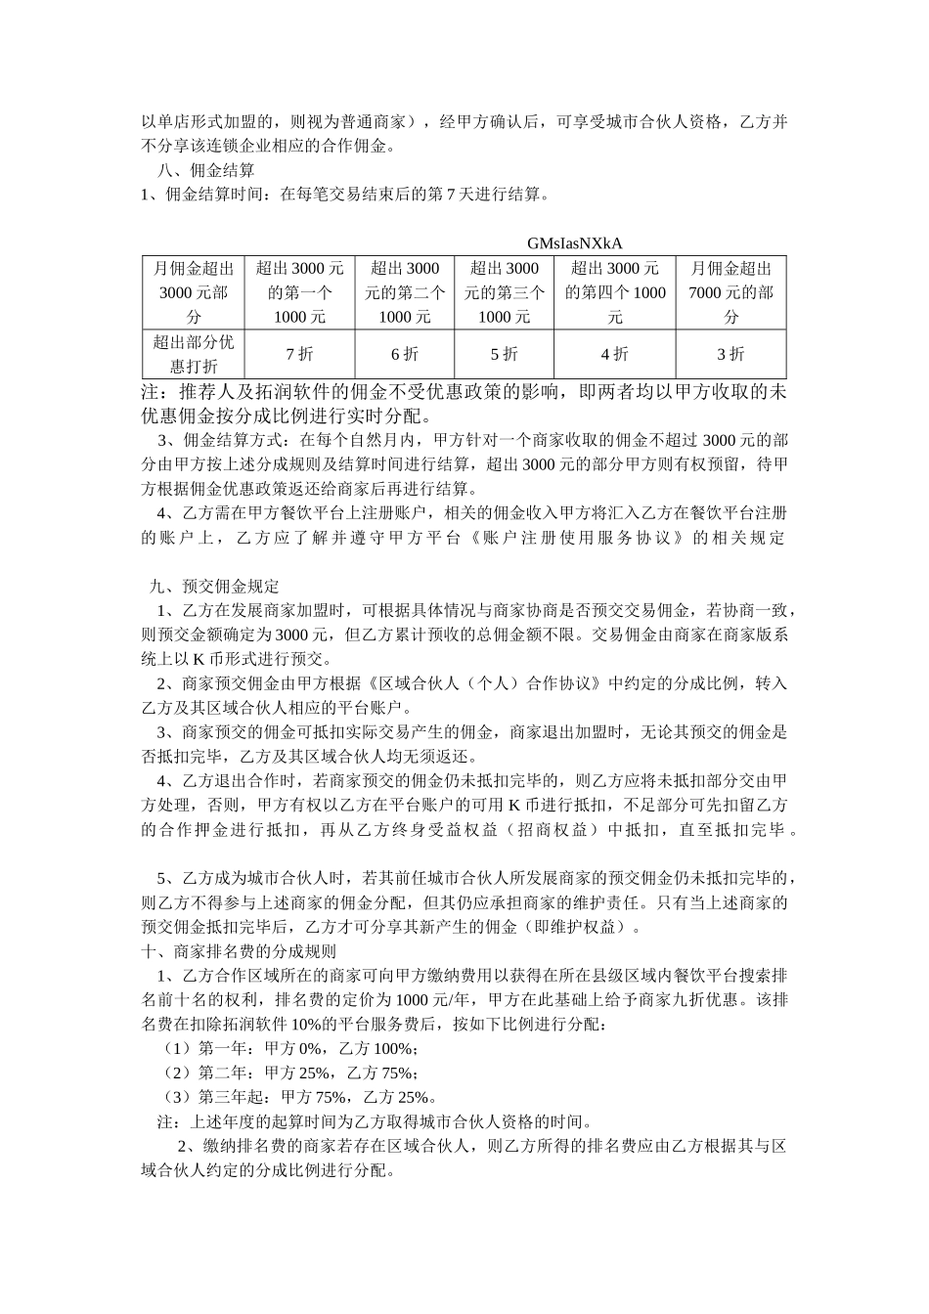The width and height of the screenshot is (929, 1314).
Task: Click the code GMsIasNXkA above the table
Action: (x=574, y=242)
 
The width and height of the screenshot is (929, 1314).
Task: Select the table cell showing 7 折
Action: (x=299, y=354)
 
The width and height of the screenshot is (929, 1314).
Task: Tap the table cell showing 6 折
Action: (x=405, y=354)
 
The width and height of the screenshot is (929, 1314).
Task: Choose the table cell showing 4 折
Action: (x=614, y=354)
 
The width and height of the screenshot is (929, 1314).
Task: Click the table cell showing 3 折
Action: (x=730, y=354)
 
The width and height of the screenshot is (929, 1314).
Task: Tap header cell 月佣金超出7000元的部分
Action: (x=730, y=292)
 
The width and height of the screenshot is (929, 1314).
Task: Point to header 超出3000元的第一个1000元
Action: (x=299, y=292)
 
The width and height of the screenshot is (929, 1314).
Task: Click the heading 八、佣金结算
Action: (x=195, y=170)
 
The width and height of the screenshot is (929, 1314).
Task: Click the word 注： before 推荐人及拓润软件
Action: (x=157, y=392)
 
